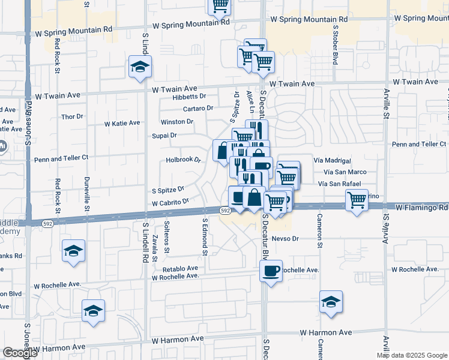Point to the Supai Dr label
tap(165, 136)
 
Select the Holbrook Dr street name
tap(183, 160)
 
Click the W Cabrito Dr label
tap(170, 203)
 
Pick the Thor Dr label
tap(72, 116)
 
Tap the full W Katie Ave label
tap(122, 123)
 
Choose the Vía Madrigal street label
tap(331, 161)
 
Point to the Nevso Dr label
tap(285, 238)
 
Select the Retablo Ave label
tap(175, 268)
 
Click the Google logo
tap(19, 353)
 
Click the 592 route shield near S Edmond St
tap(224, 211)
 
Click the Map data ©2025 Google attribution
tap(411, 355)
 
